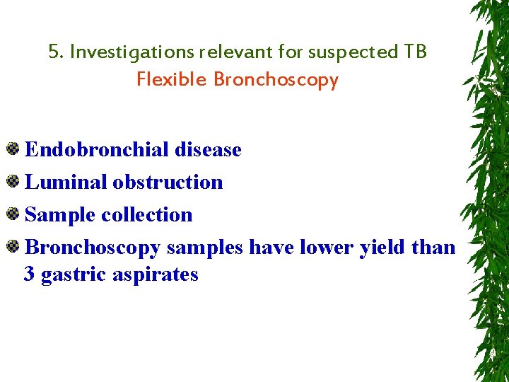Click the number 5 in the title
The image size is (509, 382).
[54, 52]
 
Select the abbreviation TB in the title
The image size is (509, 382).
[415, 52]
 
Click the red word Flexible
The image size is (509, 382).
[172, 79]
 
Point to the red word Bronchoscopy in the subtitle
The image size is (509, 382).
[276, 80]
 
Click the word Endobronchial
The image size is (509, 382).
[96, 150]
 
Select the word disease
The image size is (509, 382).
[207, 150]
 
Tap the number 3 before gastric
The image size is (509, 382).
[30, 274]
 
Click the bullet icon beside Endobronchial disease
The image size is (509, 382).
[13, 149]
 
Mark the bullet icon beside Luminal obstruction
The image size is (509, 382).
[13, 182]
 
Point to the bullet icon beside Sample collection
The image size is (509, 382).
[13, 214]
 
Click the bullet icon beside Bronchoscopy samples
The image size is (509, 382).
[13, 247]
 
